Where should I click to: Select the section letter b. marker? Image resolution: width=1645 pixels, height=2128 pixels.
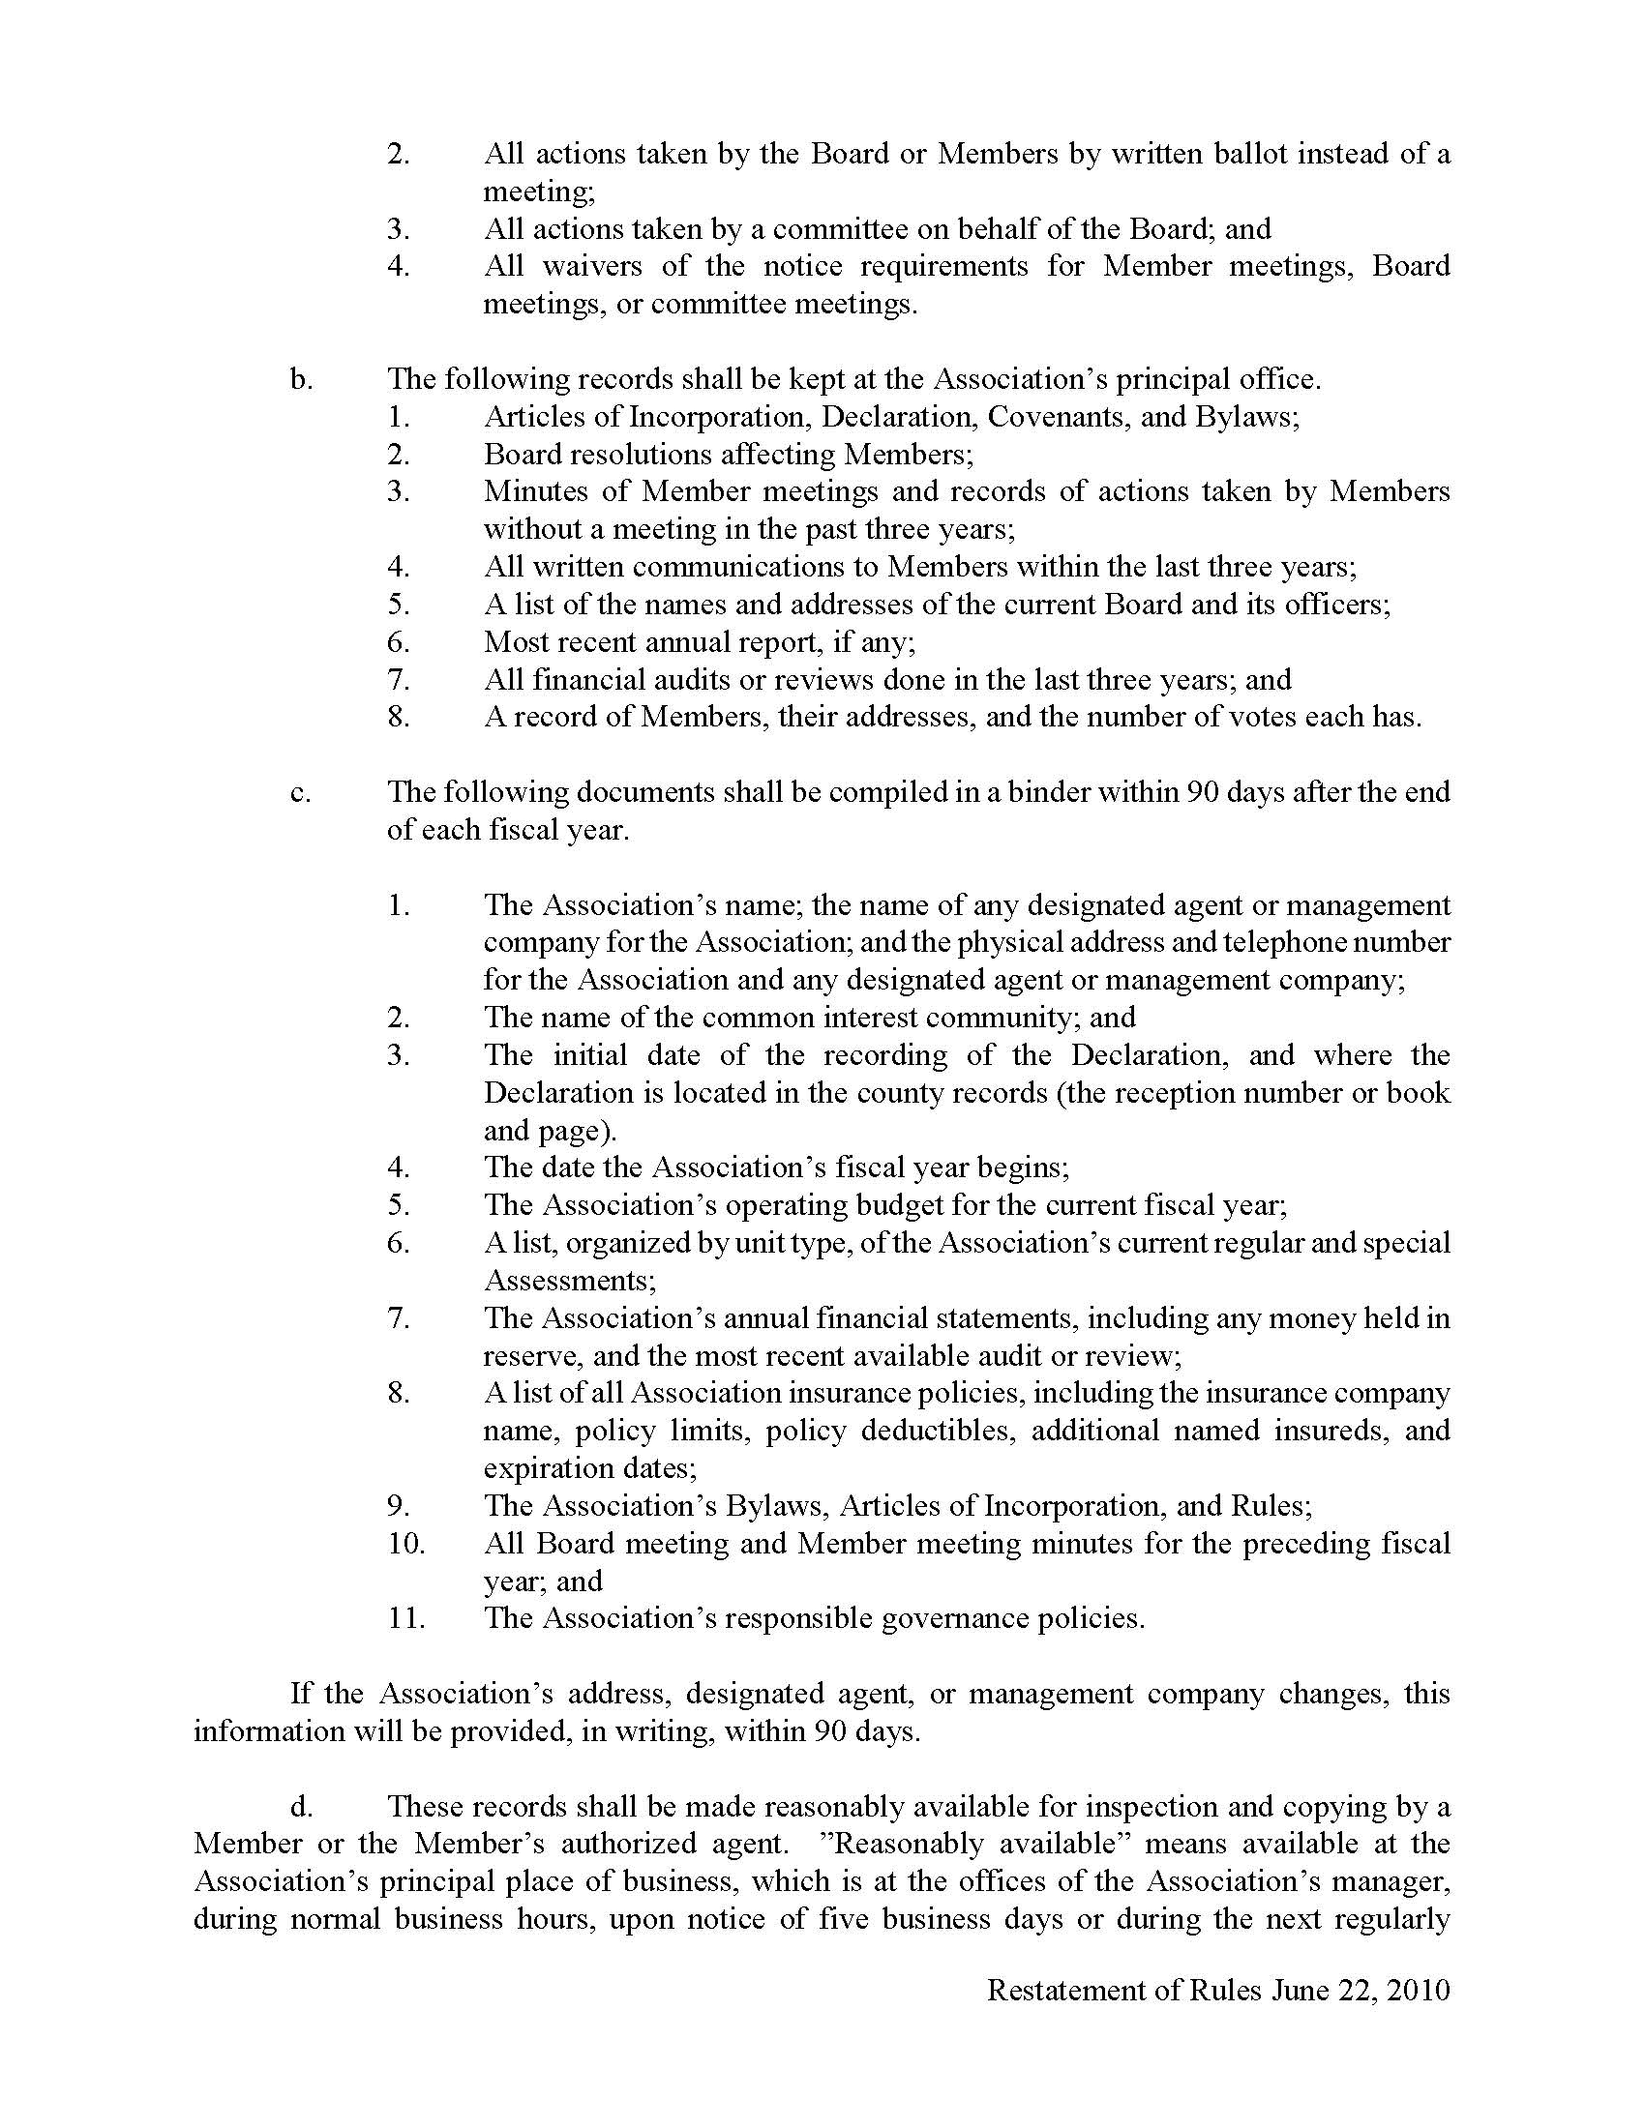[301, 379]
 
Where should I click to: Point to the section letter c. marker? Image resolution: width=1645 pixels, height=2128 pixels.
[300, 792]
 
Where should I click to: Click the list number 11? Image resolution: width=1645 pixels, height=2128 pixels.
[405, 1618]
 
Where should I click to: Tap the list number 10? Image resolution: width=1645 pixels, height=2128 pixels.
[405, 1544]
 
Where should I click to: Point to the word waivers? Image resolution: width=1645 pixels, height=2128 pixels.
[592, 266]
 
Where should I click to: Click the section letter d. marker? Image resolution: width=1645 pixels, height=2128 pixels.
[301, 1806]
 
